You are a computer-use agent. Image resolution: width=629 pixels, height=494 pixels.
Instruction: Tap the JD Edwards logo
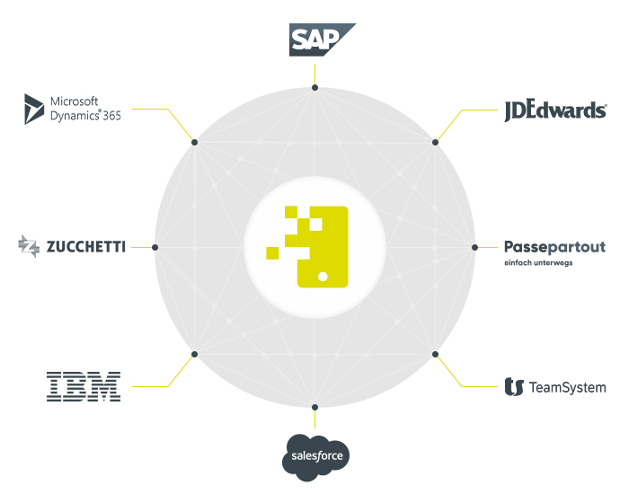coord(555,110)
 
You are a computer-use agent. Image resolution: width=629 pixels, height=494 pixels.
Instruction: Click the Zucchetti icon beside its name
coord(29,246)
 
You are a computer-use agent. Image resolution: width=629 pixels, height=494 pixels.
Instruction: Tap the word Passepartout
coord(554,247)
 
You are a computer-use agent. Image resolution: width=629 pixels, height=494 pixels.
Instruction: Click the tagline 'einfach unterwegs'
coord(537,264)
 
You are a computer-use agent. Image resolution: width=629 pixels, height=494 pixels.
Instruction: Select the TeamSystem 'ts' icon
coord(514,387)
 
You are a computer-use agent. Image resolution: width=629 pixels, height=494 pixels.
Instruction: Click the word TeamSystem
coord(568,388)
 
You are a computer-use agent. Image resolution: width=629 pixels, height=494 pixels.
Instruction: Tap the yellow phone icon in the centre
coord(322,246)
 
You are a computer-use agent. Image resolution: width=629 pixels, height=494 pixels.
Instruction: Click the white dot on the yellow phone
coord(322,275)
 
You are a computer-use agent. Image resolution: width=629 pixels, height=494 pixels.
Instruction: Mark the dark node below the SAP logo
coord(314,88)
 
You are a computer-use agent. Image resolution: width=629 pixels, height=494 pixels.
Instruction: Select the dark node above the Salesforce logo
coord(314,406)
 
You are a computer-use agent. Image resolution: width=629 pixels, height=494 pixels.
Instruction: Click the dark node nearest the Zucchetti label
coord(155,247)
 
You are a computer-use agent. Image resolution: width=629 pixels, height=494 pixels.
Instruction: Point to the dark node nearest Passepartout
coord(474,247)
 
